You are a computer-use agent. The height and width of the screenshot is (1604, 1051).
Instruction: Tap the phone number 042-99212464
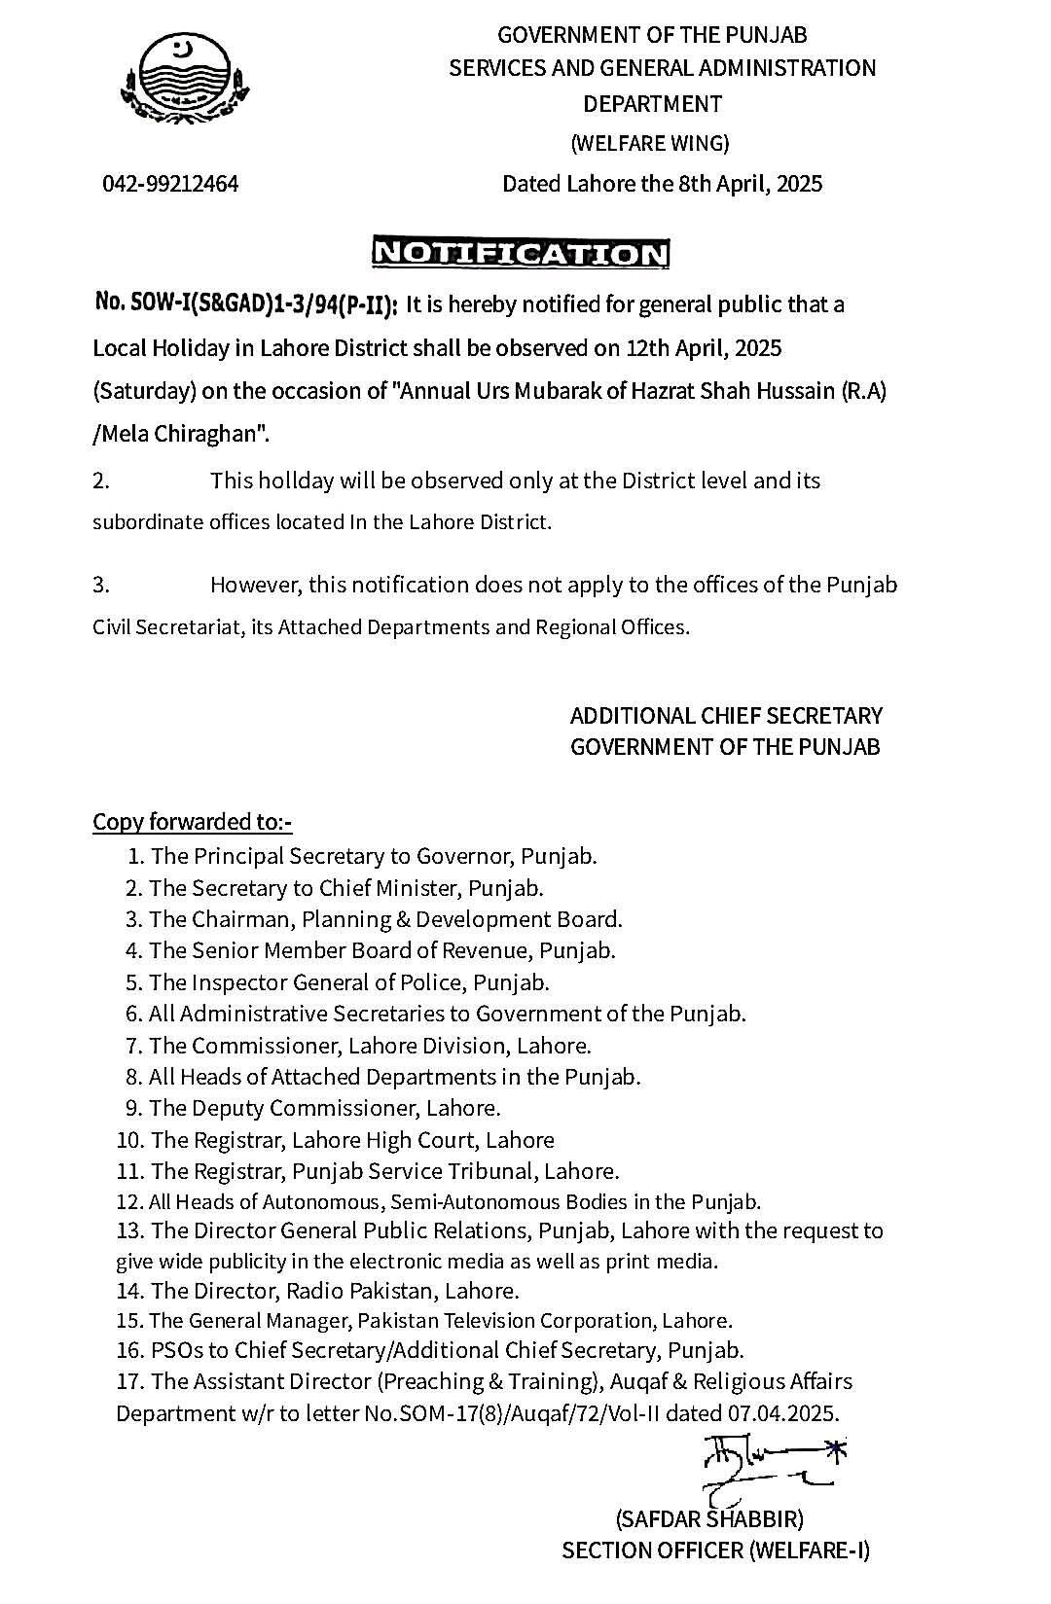[x=171, y=183]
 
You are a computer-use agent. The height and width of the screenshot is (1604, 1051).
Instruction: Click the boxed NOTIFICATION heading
[x=522, y=253]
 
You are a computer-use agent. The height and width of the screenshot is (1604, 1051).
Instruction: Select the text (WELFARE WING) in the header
[x=649, y=144]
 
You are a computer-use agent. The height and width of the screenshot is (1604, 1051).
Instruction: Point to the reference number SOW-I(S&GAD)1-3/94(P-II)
[x=246, y=304]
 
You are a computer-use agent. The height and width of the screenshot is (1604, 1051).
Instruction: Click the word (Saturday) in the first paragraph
[x=145, y=391]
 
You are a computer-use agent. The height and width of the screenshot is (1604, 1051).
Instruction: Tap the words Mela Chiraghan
[x=182, y=434]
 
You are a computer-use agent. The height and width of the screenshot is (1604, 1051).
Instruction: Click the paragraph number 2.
[x=101, y=481]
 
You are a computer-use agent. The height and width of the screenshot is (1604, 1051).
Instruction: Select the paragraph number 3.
[x=101, y=585]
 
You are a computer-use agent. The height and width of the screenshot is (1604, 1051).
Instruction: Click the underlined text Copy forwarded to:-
[x=193, y=822]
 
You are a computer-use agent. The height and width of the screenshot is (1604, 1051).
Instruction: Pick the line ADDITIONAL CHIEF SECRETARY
[x=726, y=716]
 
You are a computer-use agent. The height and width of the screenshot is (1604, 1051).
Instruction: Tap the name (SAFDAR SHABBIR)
[x=709, y=1518]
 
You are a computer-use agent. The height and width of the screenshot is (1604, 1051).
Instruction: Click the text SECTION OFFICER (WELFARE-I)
[x=715, y=1551]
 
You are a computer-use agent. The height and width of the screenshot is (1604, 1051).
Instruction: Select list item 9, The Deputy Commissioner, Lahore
[x=313, y=1108]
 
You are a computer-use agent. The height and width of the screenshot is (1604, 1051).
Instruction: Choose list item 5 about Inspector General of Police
[x=338, y=982]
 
